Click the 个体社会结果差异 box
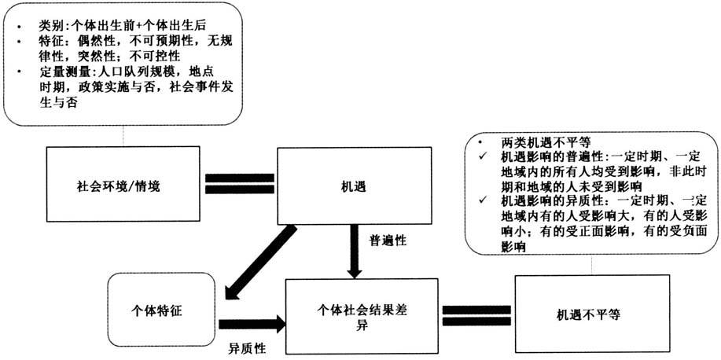tap(362, 314)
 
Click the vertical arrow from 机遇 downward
tap(355, 250)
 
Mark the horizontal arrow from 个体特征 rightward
tap(252, 322)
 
